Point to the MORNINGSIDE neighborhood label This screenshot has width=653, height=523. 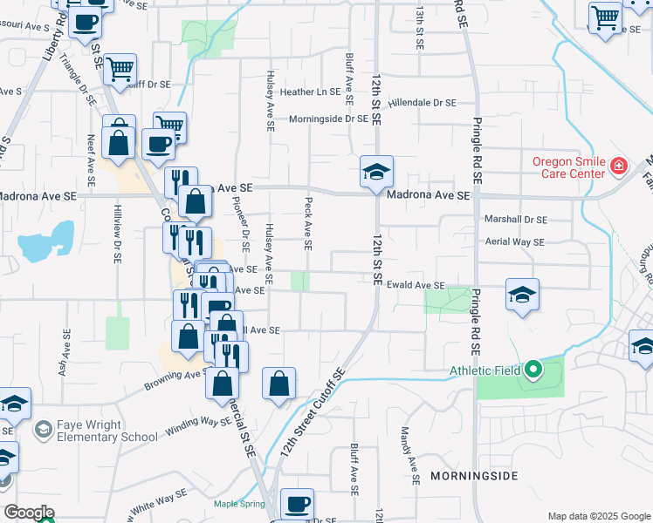click(x=474, y=476)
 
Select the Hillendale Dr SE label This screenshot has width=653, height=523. click(x=423, y=102)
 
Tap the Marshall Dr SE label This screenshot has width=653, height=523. click(x=516, y=220)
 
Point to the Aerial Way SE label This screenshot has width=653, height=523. click(x=514, y=241)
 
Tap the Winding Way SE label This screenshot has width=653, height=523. click(x=189, y=428)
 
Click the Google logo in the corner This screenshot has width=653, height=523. click(x=29, y=513)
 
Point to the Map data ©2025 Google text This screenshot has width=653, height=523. click(x=599, y=516)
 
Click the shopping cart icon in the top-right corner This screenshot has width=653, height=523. click(x=606, y=17)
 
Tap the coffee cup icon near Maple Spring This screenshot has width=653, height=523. click(x=297, y=504)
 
